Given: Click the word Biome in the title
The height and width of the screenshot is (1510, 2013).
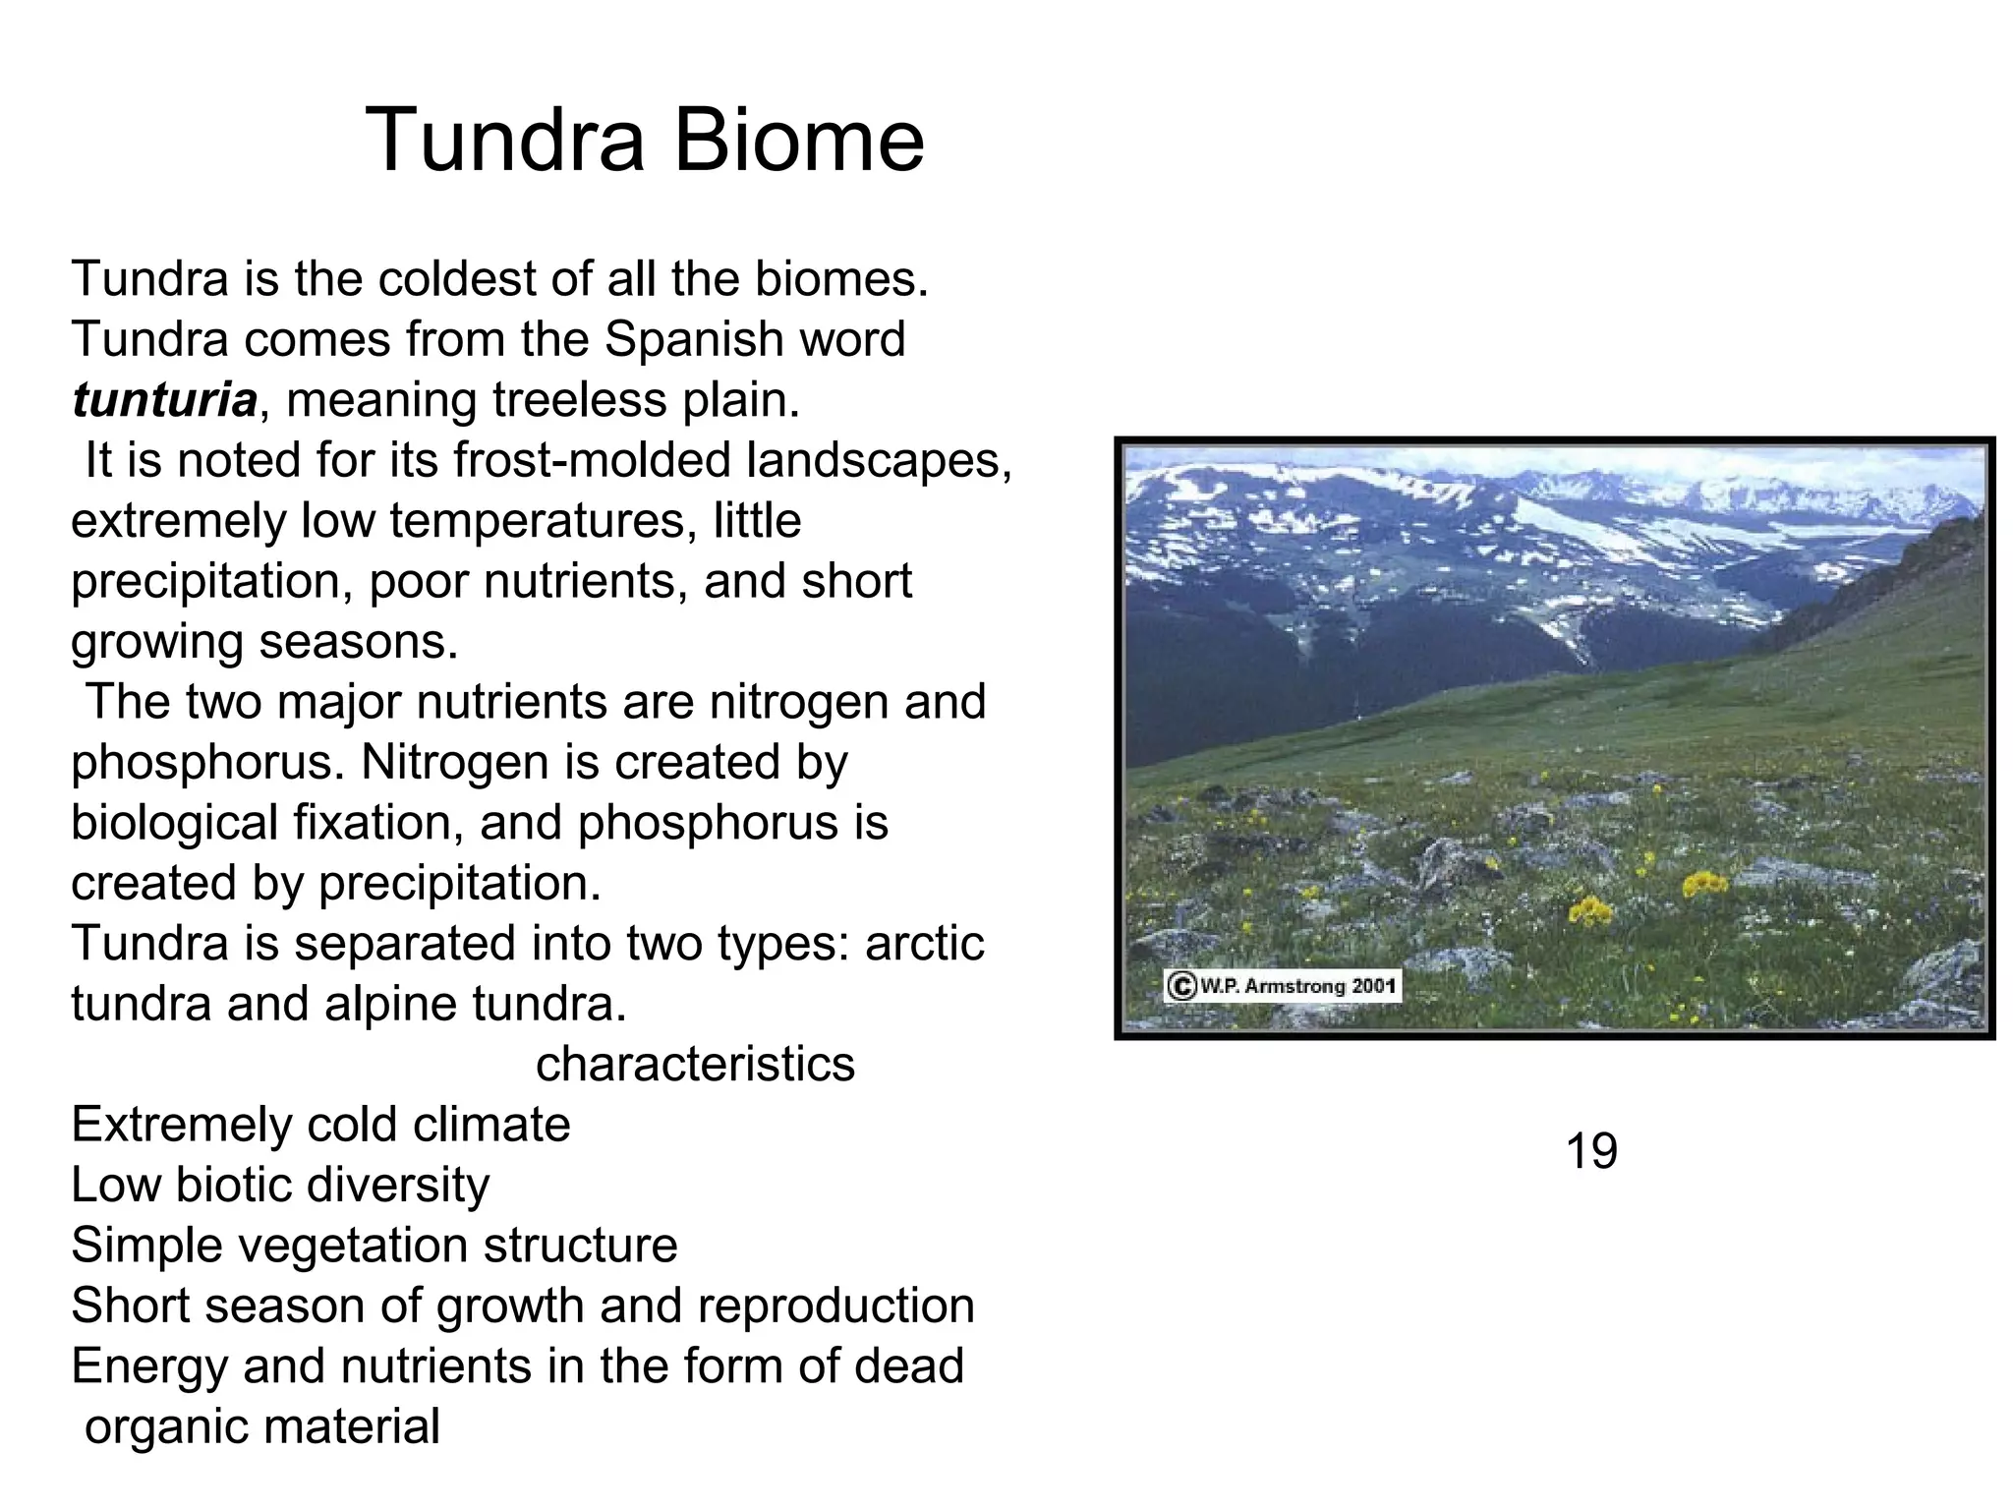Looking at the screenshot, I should [798, 141].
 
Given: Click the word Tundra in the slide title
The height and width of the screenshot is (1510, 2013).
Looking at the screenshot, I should [505, 141].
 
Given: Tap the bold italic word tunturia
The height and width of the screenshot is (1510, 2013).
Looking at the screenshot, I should [164, 400].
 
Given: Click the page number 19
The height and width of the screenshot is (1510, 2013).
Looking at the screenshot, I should [1590, 1151].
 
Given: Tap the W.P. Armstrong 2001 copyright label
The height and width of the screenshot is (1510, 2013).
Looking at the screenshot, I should [1283, 986].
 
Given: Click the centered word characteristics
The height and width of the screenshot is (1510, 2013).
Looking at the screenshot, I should [695, 1064].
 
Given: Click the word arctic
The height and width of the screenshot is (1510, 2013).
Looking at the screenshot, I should [924, 944].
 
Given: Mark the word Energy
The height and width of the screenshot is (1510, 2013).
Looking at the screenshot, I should [149, 1366].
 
